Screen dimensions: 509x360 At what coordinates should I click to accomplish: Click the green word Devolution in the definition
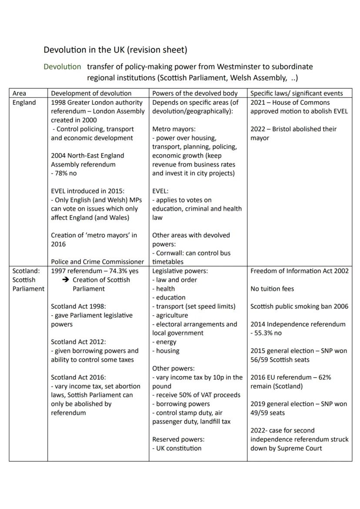click(x=62, y=67)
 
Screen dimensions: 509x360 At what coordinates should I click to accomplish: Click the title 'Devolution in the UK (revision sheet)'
click(x=115, y=50)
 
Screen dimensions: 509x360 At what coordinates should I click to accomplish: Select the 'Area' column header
click(x=19, y=93)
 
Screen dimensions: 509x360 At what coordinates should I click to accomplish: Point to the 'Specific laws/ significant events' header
click(x=297, y=93)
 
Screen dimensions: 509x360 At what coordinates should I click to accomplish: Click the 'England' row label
click(x=24, y=103)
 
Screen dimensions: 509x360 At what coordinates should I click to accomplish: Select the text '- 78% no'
click(x=64, y=173)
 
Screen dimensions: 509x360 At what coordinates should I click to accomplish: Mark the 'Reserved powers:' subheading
click(x=178, y=439)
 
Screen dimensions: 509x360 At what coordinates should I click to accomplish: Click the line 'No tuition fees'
click(x=272, y=289)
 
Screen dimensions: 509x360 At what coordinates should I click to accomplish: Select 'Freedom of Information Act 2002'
click(x=299, y=271)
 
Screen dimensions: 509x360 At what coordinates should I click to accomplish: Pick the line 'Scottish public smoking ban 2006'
click(x=299, y=306)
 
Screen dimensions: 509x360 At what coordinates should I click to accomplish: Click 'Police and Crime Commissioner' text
click(x=97, y=262)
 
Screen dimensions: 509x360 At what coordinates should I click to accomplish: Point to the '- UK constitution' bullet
click(x=177, y=448)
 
